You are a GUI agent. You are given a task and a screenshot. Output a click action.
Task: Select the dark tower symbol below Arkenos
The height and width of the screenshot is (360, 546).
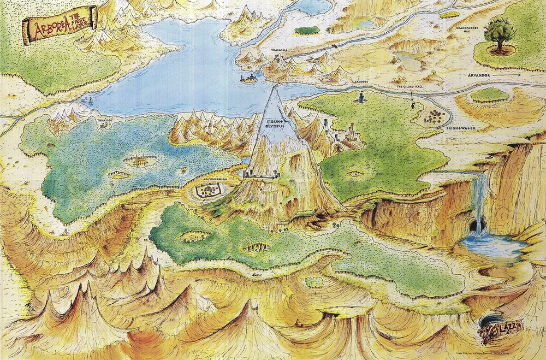[361, 97]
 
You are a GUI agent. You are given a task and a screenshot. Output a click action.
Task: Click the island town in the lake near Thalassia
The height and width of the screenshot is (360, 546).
[249, 78]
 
